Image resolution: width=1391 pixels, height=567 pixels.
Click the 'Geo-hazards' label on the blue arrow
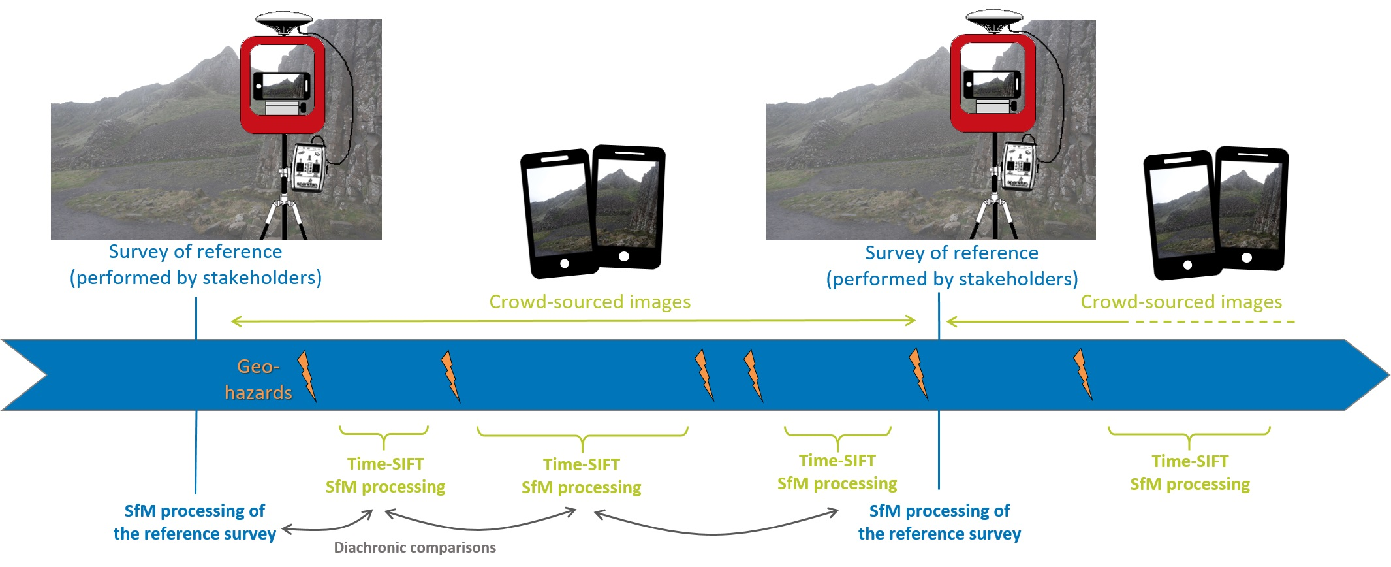(x=258, y=379)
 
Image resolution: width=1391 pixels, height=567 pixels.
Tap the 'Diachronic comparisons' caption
(x=414, y=547)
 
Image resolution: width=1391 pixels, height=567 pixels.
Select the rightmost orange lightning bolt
(x=1083, y=374)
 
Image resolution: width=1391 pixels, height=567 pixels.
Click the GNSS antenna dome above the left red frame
(x=284, y=22)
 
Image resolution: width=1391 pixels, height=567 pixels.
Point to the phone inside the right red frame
(x=992, y=84)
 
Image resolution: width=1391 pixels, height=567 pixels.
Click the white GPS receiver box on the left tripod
(x=309, y=167)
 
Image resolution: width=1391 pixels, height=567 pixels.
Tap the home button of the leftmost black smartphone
(x=565, y=264)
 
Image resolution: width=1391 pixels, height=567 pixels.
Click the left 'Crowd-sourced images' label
(x=589, y=302)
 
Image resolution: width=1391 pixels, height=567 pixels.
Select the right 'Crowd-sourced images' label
(x=1181, y=302)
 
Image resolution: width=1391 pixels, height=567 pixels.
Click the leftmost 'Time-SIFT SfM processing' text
(x=385, y=475)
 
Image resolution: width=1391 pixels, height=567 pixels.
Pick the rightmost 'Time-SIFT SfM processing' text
(x=1189, y=472)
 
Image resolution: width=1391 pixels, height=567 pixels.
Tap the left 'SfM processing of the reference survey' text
(x=195, y=522)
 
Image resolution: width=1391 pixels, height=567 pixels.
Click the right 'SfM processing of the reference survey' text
(x=939, y=522)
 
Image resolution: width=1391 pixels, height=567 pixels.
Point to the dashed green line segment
(x=1214, y=321)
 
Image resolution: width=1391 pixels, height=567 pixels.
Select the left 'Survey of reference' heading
(x=195, y=252)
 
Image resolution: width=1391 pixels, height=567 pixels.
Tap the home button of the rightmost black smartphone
(x=1246, y=257)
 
